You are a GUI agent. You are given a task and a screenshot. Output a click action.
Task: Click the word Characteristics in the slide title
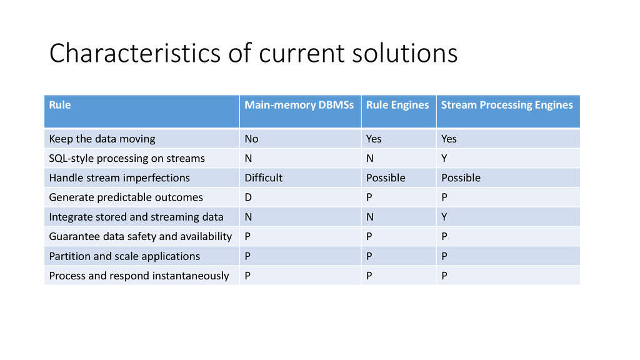tap(135, 53)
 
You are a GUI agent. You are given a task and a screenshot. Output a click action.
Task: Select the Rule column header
tap(59, 105)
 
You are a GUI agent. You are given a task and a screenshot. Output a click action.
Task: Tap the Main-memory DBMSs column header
tap(299, 105)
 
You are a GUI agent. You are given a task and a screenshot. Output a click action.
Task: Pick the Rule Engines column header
tap(397, 105)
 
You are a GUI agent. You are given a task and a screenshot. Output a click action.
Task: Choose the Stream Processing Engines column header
tap(507, 105)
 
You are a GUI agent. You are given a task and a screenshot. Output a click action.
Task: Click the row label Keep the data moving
tap(102, 139)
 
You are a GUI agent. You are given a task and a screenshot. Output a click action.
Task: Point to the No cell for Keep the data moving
tap(251, 139)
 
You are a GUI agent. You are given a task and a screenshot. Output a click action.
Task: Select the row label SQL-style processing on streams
tap(127, 158)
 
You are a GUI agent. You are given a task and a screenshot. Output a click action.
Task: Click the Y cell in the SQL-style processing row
tap(444, 158)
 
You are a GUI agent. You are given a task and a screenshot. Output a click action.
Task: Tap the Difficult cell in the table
tap(263, 178)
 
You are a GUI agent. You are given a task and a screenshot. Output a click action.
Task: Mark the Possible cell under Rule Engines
tap(386, 178)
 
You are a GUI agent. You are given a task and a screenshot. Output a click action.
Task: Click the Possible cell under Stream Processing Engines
tap(461, 178)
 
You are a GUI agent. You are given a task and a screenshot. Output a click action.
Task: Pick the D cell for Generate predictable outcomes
tap(248, 197)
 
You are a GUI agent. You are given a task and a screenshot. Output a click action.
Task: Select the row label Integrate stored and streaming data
tap(136, 217)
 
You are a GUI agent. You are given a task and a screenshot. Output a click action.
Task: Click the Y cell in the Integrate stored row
tap(444, 217)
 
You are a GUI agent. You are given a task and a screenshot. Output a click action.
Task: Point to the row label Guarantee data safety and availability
tap(141, 237)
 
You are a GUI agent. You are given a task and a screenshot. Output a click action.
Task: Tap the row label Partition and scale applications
tap(124, 256)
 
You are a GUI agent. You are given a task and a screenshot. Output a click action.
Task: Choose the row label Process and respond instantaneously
tap(139, 276)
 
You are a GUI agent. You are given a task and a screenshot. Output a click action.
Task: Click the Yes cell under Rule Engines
tap(374, 139)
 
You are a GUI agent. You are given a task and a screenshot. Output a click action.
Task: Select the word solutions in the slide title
tap(405, 53)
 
